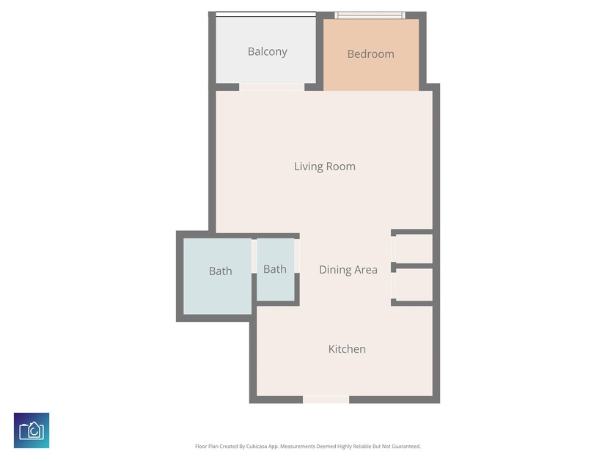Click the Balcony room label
tap(267, 52)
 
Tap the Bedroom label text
tap(370, 54)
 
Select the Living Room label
tap(324, 166)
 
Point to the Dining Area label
tap(348, 270)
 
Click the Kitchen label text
tap(347, 349)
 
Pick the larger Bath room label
tap(221, 271)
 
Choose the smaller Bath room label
tap(274, 269)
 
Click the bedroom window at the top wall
tap(370, 15)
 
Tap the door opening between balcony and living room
tap(271, 87)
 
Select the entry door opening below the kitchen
tap(326, 400)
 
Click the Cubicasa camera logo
tap(32, 430)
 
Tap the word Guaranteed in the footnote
tap(407, 447)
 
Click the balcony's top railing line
tap(265, 14)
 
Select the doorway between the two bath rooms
tap(254, 256)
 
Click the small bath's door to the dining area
tap(297, 256)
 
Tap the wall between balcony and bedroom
tap(320, 51)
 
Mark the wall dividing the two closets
tap(412, 266)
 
